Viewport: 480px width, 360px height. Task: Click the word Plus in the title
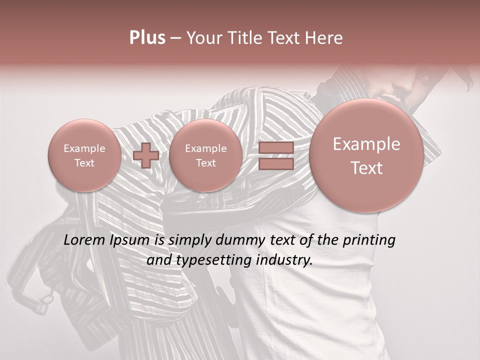click(x=147, y=38)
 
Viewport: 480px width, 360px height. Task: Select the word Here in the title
click(x=323, y=38)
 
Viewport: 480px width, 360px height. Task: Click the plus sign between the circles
click(x=145, y=155)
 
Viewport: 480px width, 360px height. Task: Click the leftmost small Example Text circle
click(x=84, y=155)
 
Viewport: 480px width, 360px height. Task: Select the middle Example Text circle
click(x=205, y=155)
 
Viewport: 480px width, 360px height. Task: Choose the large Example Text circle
click(x=366, y=155)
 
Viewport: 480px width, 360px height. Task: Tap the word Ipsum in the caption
click(x=130, y=241)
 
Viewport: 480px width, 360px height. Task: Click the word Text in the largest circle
click(x=366, y=168)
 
